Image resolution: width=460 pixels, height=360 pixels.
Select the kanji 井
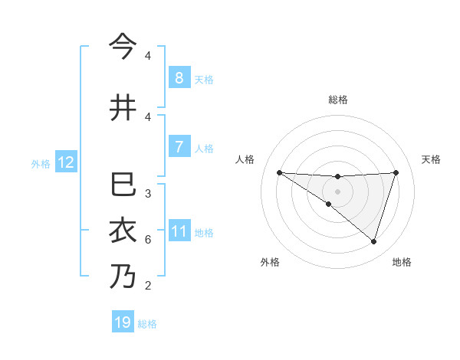(123, 108)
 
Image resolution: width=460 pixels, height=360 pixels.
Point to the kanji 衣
(123, 231)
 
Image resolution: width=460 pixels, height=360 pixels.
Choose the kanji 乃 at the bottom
(123, 277)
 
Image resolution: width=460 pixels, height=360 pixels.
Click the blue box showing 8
(179, 77)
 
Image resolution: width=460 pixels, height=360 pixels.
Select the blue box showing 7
(179, 147)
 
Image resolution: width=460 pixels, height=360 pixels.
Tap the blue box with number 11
(179, 231)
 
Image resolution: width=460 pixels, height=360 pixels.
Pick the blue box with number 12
(65, 162)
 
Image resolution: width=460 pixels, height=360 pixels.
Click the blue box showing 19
(123, 322)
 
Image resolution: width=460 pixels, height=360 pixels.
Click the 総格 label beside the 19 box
(147, 324)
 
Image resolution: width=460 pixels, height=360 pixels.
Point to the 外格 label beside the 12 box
(41, 163)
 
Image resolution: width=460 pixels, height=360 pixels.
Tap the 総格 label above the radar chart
(337, 100)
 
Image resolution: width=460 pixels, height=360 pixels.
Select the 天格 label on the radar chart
(432, 159)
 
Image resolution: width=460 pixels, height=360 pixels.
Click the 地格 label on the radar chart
(402, 262)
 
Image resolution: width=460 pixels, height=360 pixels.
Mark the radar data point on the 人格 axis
(279, 172)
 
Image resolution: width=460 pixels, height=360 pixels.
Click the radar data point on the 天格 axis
(396, 172)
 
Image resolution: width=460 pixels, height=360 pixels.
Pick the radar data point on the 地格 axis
(373, 241)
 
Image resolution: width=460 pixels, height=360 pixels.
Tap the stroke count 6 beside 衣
(147, 240)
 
